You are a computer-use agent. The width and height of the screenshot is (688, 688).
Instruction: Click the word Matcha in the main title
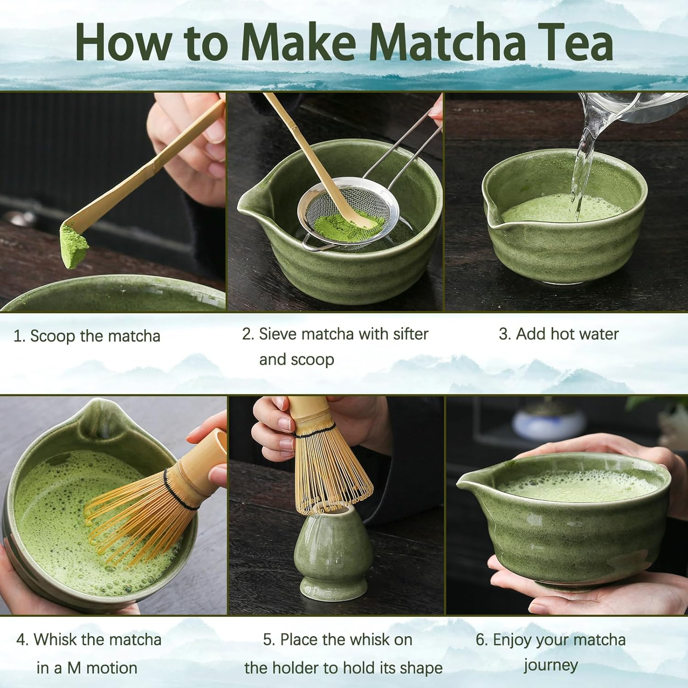click(x=447, y=42)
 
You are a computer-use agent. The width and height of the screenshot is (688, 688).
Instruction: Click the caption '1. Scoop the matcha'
click(x=87, y=336)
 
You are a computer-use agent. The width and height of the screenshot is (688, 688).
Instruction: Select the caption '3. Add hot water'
click(x=559, y=334)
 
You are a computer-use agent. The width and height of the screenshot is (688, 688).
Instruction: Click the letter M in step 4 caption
click(x=74, y=668)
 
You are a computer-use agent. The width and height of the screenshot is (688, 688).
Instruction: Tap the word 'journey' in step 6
click(x=550, y=665)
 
